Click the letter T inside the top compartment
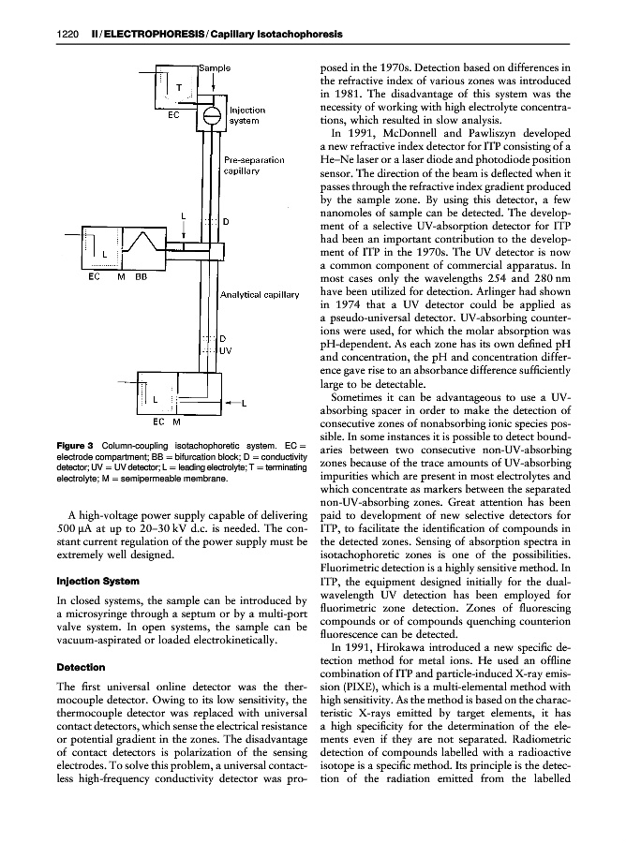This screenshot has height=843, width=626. pyautogui.click(x=180, y=87)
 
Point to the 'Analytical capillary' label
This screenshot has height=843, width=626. pyautogui.click(x=259, y=294)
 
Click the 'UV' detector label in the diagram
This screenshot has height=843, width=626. pyautogui.click(x=225, y=350)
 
